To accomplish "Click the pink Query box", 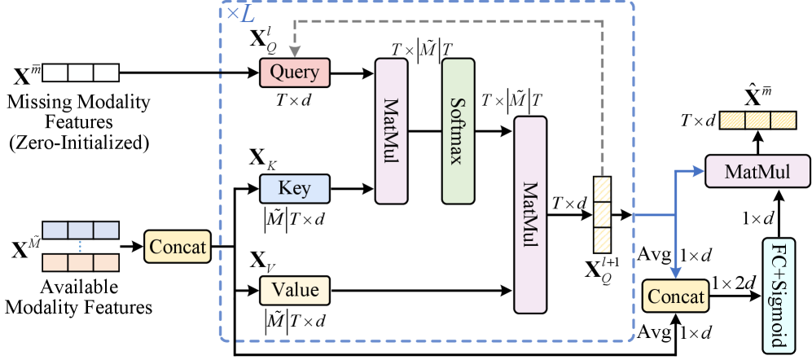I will click(x=294, y=72).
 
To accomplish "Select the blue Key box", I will click(x=294, y=189).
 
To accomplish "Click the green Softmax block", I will click(x=458, y=131).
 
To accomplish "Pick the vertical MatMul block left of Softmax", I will click(x=391, y=131).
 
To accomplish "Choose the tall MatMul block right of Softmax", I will click(x=530, y=215).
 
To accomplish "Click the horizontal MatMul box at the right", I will click(x=758, y=172).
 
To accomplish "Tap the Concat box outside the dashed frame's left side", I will click(x=178, y=246).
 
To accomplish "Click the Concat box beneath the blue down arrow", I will click(x=675, y=296).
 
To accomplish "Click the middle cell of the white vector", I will click(x=81, y=73).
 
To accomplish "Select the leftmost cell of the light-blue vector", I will click(x=55, y=230).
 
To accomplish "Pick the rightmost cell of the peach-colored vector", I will click(x=106, y=262).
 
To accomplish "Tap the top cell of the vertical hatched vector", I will click(x=602, y=190).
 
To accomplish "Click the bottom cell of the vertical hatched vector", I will click(x=602, y=239).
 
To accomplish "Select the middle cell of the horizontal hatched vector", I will click(x=757, y=121).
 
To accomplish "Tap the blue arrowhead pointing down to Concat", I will click(x=674, y=273).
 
